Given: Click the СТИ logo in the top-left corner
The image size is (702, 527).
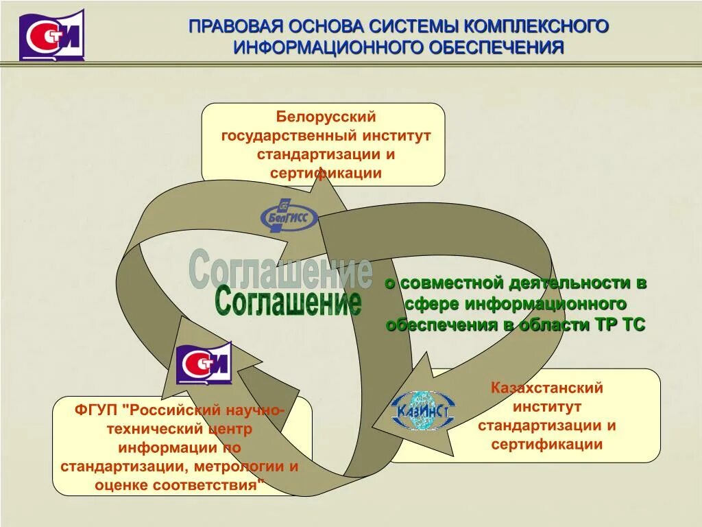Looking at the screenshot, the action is (x=52, y=35).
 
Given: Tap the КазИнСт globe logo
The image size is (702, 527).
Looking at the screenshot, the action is (x=420, y=410).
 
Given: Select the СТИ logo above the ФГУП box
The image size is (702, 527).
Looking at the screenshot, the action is (x=204, y=363).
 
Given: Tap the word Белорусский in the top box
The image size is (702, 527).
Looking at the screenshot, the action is (x=326, y=118).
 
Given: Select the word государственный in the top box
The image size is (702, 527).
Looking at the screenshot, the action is (x=285, y=136).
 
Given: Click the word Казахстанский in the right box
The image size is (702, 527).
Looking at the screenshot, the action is (x=546, y=388).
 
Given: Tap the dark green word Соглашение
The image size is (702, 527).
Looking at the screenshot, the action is (x=288, y=301).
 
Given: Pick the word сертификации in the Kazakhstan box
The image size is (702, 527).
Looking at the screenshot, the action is (x=546, y=444).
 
